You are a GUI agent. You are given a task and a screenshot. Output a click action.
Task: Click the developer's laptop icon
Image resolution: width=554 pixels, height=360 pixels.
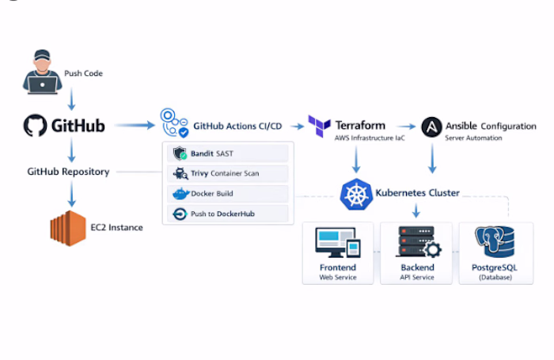42,85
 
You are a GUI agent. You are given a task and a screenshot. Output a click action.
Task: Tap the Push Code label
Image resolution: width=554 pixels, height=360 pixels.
83,74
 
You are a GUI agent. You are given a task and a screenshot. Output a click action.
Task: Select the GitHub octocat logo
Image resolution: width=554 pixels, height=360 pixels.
35,125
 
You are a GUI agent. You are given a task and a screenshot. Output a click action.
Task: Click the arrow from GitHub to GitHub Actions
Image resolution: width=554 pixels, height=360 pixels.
135,125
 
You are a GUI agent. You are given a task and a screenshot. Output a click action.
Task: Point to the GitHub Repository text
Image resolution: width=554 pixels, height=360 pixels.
68,172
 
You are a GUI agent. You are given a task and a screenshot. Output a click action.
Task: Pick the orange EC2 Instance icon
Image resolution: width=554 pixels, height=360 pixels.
68,228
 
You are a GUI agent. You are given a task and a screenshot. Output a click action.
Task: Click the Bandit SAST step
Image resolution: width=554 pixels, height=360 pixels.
228,153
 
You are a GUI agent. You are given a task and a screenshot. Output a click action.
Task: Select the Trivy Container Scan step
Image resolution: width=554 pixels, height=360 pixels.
228,173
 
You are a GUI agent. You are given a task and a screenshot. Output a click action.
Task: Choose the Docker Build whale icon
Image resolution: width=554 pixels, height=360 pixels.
181,194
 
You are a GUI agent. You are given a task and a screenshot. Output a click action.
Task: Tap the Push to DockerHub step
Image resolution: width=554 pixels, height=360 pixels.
228,214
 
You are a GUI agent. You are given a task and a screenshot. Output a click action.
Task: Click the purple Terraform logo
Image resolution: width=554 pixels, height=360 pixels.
319,126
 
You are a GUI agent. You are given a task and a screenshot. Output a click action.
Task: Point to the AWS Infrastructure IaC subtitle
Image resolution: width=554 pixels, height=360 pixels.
370,138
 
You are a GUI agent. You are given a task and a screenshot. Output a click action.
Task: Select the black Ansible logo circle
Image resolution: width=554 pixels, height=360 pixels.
432,127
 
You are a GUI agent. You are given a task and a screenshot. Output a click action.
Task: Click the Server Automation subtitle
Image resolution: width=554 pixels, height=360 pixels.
473,138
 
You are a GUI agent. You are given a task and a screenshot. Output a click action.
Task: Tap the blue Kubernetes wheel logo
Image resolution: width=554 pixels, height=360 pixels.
356,195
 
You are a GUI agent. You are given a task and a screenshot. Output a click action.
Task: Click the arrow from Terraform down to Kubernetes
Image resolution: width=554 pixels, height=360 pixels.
356,160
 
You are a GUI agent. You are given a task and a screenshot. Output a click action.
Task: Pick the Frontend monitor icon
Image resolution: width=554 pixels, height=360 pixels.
338,242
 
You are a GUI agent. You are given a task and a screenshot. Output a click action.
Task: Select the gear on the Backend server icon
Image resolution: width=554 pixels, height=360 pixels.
432,250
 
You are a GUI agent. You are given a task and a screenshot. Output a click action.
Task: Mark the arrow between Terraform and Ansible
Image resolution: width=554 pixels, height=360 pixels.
406,126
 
